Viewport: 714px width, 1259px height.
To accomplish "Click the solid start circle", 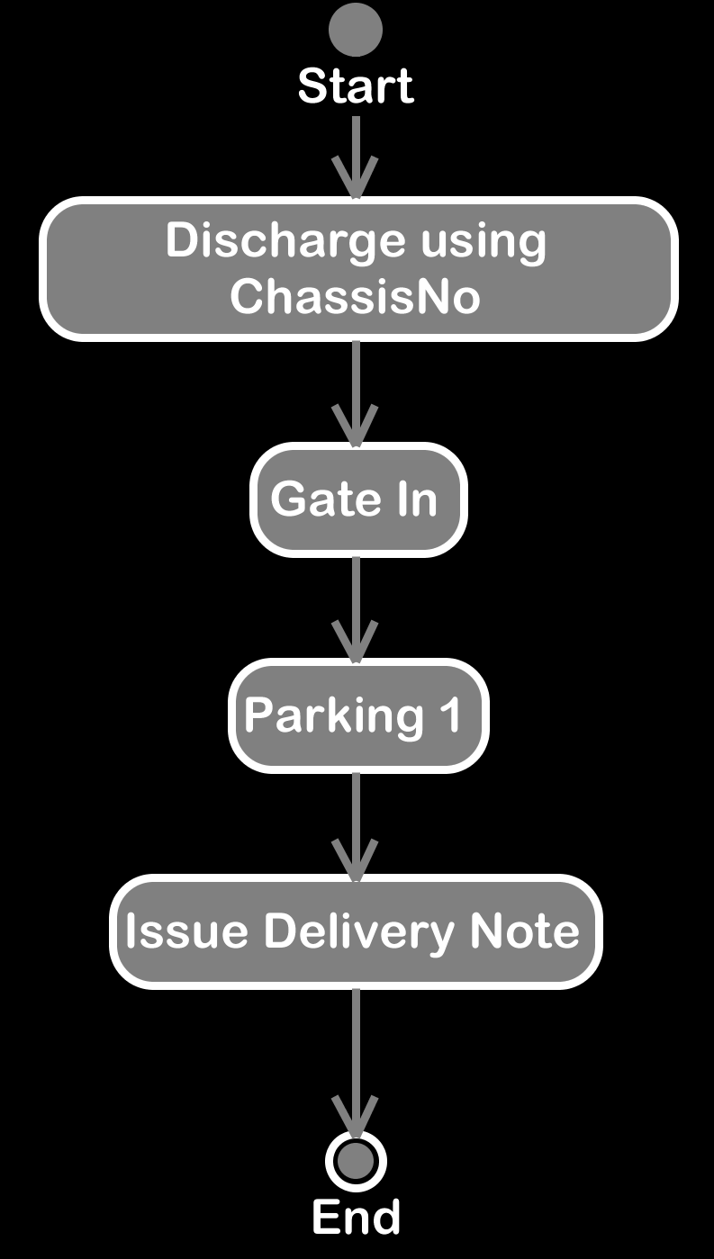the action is (356, 30).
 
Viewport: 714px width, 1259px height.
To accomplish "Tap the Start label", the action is (356, 86).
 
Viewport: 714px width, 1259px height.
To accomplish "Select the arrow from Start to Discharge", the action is (356, 157).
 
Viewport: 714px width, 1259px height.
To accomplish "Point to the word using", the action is (484, 243).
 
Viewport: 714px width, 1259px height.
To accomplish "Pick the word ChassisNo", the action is (356, 296).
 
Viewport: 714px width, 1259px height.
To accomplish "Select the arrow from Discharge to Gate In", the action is (356, 394).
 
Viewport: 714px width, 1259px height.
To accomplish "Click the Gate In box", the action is (358, 499).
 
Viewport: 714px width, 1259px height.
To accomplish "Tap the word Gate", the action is (326, 499).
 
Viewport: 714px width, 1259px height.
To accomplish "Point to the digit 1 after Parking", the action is (451, 714).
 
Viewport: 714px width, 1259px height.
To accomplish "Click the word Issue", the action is (186, 931).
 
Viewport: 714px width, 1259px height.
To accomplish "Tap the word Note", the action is (525, 931).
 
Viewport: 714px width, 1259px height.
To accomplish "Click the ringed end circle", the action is (356, 1162).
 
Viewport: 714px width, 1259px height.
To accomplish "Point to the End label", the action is (357, 1217).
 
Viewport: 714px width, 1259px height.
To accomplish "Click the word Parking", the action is (334, 716).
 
